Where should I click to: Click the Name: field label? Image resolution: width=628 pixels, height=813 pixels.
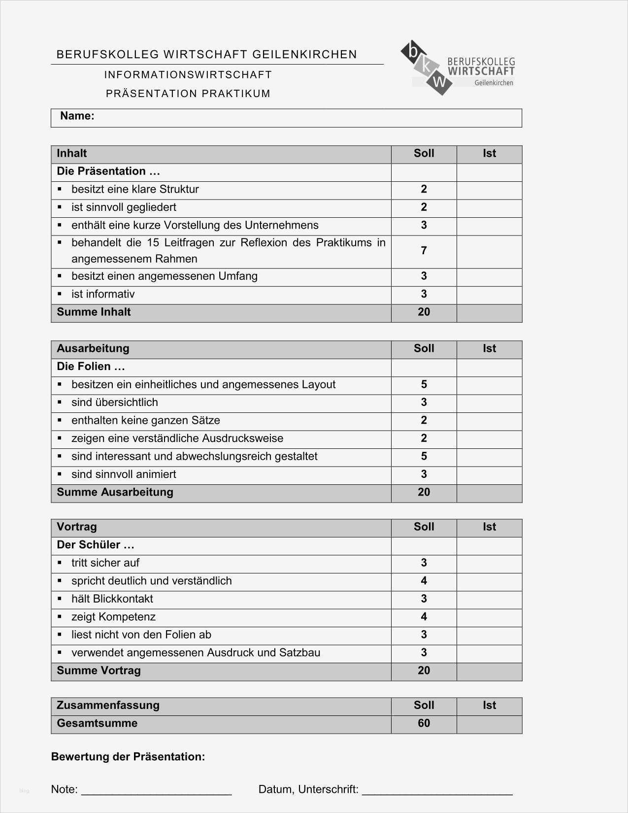pyautogui.click(x=77, y=116)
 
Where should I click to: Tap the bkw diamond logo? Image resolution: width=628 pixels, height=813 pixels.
pyautogui.click(x=426, y=67)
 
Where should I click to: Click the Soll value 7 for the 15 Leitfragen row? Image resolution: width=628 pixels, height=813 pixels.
pyautogui.click(x=424, y=251)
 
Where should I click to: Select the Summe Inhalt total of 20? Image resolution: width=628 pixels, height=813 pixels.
pyautogui.click(x=424, y=312)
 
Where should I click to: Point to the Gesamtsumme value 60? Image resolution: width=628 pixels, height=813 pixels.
pyautogui.click(x=424, y=723)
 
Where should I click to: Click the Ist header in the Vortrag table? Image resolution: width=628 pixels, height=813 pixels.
pyautogui.click(x=489, y=527)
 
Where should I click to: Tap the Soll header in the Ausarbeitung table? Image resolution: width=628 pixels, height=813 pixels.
pyautogui.click(x=424, y=349)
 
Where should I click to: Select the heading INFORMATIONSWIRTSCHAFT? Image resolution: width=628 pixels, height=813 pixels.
pyautogui.click(x=188, y=75)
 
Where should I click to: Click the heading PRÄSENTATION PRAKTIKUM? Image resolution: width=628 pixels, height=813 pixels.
pyautogui.click(x=188, y=94)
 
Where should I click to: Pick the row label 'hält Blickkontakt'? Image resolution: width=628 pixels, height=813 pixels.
pyautogui.click(x=112, y=599)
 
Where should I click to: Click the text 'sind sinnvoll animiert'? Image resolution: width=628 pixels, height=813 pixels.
pyautogui.click(x=123, y=474)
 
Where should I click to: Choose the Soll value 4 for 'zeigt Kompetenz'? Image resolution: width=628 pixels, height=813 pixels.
pyautogui.click(x=424, y=617)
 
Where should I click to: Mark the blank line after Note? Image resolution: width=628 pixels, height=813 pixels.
pyautogui.click(x=156, y=790)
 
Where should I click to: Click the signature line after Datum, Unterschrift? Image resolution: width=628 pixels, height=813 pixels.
pyautogui.click(x=437, y=790)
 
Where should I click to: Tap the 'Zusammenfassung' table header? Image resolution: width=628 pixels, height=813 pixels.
pyautogui.click(x=108, y=706)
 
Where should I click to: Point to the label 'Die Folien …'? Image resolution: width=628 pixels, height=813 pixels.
pyautogui.click(x=91, y=367)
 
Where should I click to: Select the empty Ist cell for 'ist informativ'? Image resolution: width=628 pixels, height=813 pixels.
pyautogui.click(x=489, y=295)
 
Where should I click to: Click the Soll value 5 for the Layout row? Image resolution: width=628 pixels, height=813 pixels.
pyautogui.click(x=424, y=385)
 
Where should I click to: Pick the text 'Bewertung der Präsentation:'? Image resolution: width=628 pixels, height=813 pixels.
pyautogui.click(x=128, y=757)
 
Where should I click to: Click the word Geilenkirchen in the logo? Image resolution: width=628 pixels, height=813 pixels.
pyautogui.click(x=494, y=83)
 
